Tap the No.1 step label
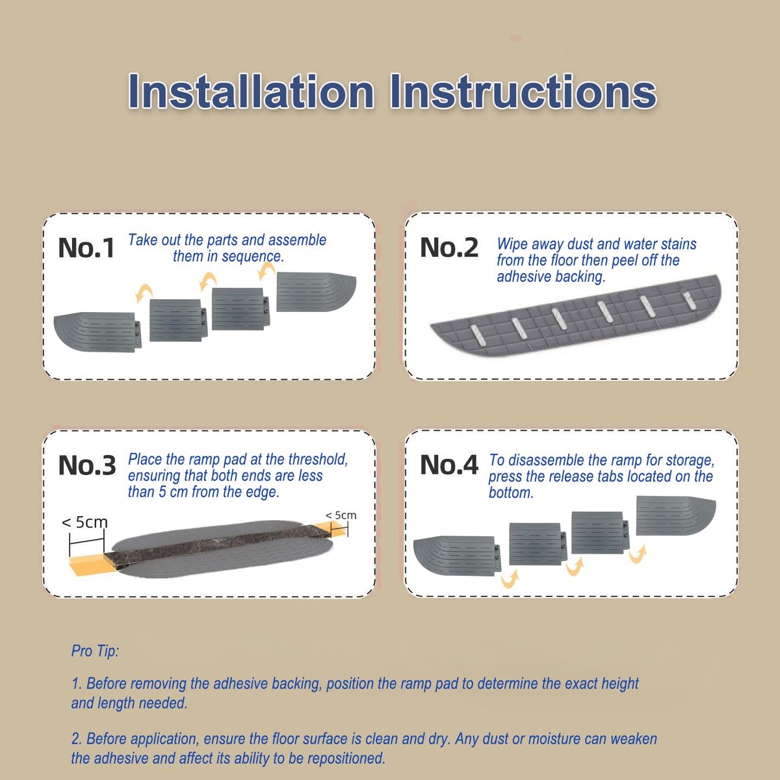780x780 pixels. click(86, 248)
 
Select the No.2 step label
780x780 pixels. click(449, 247)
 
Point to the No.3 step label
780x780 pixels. click(87, 465)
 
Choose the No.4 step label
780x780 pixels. click(449, 464)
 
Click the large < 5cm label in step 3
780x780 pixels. click(84, 522)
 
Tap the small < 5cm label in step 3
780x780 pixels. click(341, 515)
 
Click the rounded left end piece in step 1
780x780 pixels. click(97, 331)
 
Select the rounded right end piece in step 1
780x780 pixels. click(316, 292)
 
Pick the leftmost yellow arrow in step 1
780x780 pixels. click(144, 293)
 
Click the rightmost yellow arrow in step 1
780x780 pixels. click(266, 271)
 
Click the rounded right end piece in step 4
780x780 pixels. click(675, 515)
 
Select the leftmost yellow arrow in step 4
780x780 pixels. click(510, 578)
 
